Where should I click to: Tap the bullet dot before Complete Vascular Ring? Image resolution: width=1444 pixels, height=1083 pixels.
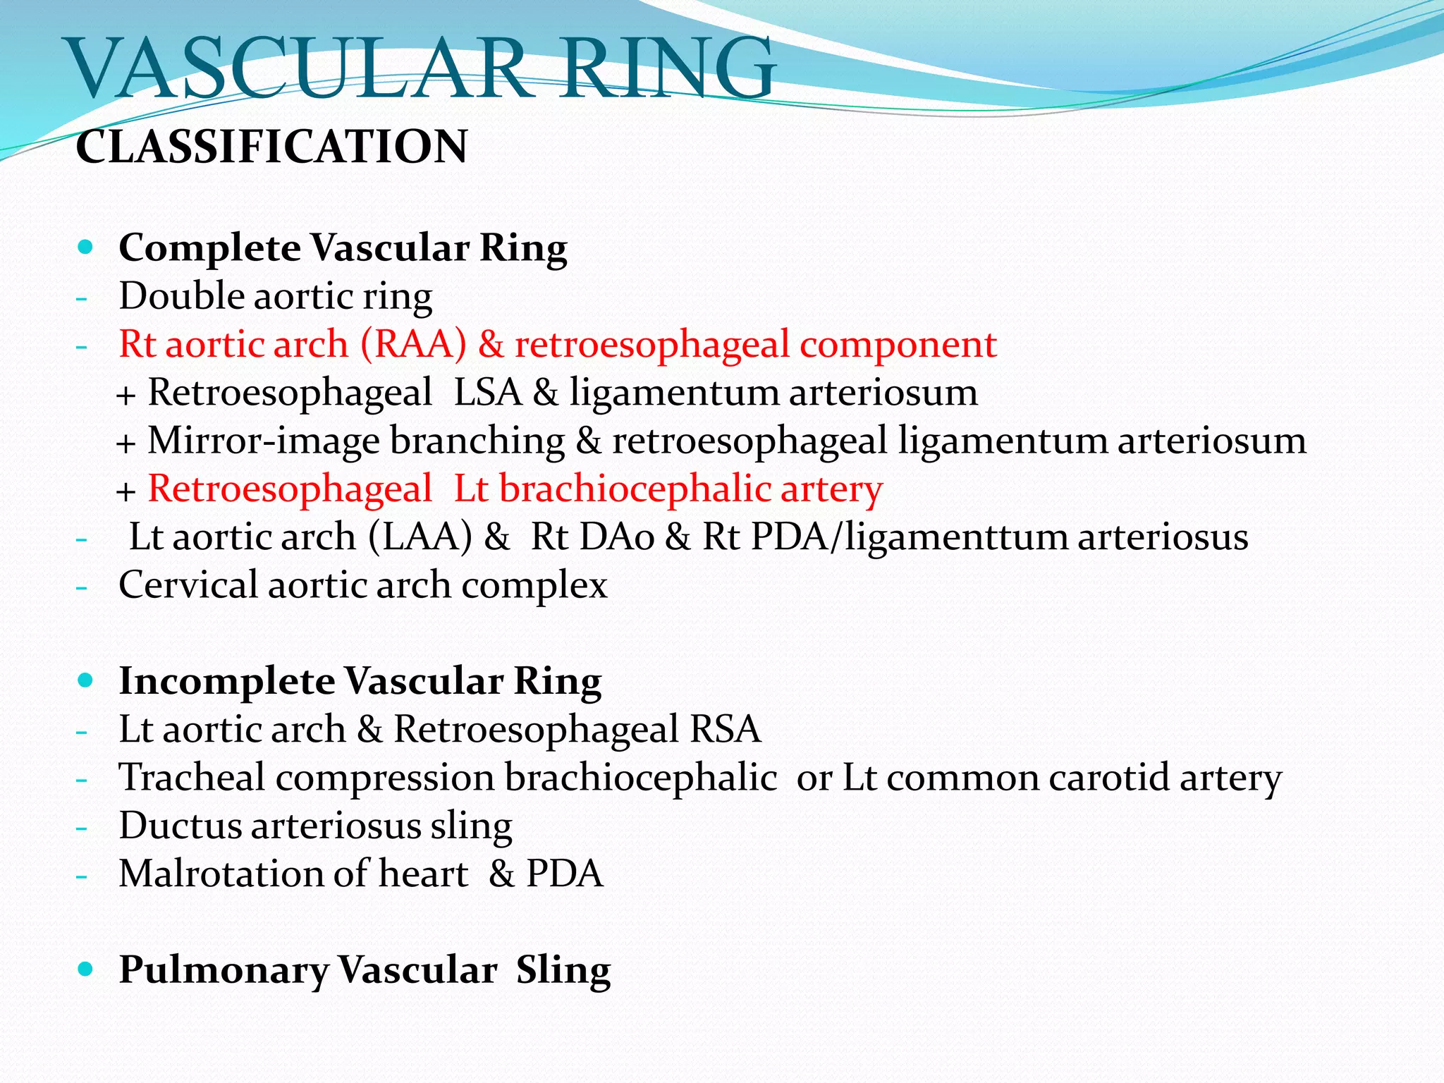(86, 247)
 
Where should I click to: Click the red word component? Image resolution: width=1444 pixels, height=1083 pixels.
(898, 345)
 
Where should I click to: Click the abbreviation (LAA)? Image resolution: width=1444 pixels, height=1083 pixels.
(420, 537)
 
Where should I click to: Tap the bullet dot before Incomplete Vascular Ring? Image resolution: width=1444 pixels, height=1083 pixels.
(86, 680)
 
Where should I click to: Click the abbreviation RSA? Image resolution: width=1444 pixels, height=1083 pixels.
(726, 730)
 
